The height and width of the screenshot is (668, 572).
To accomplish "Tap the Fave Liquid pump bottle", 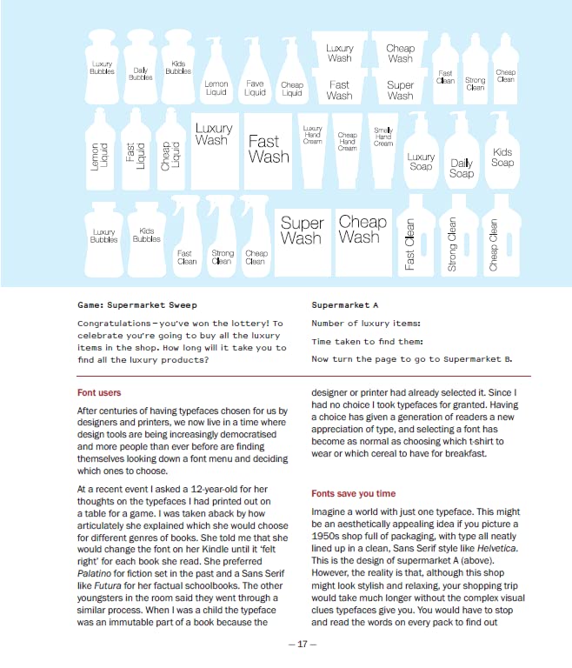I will [255, 83].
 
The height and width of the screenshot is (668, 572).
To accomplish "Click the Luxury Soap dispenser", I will [421, 157].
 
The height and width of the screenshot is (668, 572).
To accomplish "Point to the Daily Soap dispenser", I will [462, 164].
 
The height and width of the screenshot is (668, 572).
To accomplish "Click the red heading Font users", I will [99, 393].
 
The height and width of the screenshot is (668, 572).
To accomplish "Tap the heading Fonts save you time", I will [353, 493].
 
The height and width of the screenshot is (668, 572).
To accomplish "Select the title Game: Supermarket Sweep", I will [136, 305].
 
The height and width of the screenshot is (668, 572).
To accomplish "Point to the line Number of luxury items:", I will [365, 324].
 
